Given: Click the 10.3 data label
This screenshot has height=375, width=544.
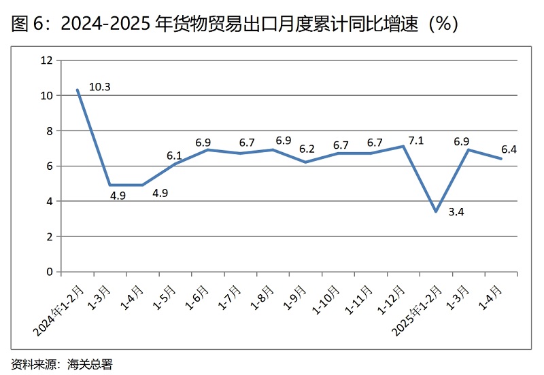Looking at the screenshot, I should (99, 87).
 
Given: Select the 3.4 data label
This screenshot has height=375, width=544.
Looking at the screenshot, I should (456, 213).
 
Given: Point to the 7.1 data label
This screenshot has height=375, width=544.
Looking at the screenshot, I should (415, 141).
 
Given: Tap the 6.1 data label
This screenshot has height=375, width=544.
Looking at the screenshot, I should (175, 156).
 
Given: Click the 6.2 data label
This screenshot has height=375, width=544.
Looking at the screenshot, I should (307, 149).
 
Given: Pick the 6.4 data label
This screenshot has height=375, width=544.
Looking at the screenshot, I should (509, 149).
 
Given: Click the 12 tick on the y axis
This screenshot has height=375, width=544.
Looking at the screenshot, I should (46, 60).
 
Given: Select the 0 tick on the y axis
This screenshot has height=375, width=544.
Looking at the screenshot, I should (49, 272).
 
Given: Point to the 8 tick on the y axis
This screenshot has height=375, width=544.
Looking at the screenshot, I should (49, 131).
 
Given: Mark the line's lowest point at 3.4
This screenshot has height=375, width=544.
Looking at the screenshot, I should (436, 212).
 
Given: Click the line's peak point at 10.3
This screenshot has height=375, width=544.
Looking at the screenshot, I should (78, 90).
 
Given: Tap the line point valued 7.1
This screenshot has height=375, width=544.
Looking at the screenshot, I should (404, 146).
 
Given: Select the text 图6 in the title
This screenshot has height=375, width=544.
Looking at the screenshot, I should (27, 24).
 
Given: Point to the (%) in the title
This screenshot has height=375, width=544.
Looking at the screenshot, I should (442, 24).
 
